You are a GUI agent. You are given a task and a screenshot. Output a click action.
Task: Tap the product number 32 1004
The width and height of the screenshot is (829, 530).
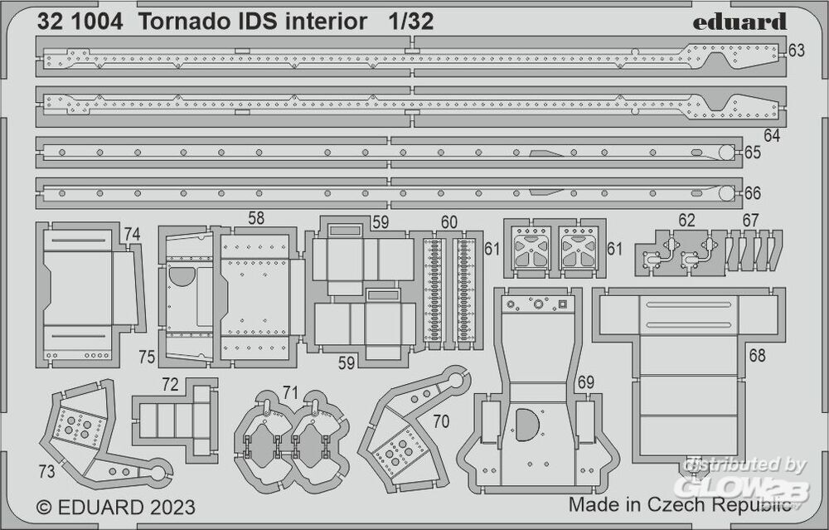click(80, 22)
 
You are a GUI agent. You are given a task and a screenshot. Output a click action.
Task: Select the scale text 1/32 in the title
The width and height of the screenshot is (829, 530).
click(410, 22)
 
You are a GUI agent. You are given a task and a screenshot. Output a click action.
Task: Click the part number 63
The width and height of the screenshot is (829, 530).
click(796, 51)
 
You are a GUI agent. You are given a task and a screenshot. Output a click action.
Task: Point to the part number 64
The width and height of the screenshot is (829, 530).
click(772, 134)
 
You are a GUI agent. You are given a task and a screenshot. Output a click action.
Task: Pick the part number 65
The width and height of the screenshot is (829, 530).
click(752, 153)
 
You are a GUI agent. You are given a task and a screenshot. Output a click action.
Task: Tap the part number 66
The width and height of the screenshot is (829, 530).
click(752, 192)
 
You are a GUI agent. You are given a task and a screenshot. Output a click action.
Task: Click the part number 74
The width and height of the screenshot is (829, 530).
click(132, 234)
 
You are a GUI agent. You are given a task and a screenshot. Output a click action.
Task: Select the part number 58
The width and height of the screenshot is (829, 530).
click(256, 220)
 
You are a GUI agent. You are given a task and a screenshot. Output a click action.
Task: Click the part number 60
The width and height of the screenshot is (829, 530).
click(448, 221)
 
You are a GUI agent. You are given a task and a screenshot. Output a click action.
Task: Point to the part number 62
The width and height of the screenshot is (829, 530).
click(686, 221)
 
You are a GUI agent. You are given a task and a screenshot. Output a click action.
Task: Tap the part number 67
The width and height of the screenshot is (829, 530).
click(750, 221)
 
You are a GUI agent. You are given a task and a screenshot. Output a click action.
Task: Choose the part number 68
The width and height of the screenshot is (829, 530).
click(756, 356)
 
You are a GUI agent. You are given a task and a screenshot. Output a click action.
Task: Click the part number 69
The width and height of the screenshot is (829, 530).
click(586, 382)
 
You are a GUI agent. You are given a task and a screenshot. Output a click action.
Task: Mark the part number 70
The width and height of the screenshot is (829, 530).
click(441, 421)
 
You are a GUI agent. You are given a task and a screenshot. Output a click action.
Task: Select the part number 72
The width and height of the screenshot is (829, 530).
click(170, 386)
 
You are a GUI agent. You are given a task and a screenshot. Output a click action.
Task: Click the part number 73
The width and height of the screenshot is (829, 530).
click(46, 471)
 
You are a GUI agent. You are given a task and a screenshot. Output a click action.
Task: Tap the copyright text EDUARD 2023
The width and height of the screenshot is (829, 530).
click(116, 507)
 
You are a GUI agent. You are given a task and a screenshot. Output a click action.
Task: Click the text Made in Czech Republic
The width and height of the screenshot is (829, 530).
click(679, 505)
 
